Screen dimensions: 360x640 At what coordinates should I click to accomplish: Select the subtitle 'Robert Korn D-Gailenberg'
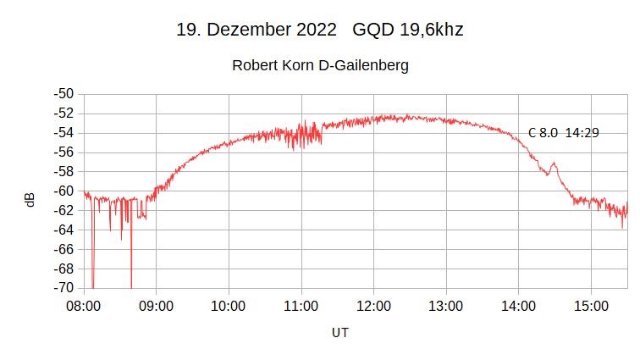320,65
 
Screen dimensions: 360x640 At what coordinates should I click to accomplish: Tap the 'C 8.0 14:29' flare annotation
563,132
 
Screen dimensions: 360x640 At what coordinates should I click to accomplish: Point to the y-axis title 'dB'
30,200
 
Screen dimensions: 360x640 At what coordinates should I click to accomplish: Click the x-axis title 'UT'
339,333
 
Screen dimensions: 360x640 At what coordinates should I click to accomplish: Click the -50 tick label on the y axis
63,94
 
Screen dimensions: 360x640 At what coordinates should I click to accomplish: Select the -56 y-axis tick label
63,152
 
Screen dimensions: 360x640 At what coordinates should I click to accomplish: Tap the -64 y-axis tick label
63,230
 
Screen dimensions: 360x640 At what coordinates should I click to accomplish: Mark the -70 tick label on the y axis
63,288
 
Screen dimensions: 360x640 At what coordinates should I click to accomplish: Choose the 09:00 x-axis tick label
156,305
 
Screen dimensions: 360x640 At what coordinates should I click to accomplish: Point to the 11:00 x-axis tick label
301,305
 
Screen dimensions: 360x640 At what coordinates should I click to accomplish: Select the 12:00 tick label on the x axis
373,305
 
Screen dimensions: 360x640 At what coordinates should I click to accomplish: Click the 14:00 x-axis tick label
518,305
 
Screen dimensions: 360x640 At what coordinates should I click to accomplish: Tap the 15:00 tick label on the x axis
591,305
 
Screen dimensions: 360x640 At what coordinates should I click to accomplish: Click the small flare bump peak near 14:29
554,163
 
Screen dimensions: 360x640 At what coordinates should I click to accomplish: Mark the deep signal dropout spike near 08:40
131,280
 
